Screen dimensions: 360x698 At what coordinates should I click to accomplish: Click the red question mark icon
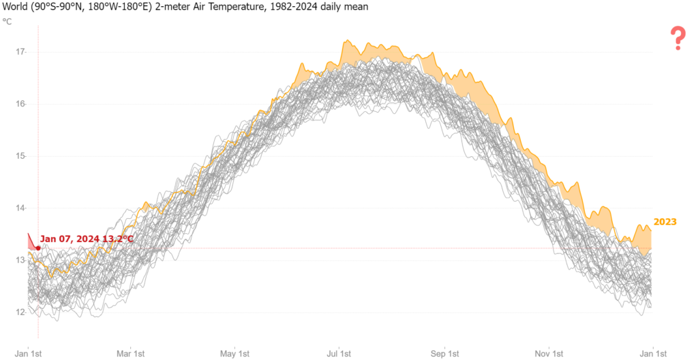tap(678, 39)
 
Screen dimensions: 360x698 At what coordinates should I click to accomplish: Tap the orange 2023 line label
tap(665, 222)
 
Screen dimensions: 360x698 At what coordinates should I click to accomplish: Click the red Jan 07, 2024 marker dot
tap(38, 247)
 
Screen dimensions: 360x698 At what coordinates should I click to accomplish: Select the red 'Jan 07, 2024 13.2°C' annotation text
tap(87, 239)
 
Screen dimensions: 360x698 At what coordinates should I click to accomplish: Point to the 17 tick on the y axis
tap(20, 52)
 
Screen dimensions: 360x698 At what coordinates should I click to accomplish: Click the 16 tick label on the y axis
tap(20, 104)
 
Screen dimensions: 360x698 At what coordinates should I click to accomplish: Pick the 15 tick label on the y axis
tap(20, 156)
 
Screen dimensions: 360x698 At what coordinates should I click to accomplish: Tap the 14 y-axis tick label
tap(20, 208)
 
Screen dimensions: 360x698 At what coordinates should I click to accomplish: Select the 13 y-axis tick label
tap(20, 260)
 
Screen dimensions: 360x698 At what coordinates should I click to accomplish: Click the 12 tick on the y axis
tap(20, 312)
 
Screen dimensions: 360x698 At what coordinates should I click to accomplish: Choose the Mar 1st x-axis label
tap(130, 354)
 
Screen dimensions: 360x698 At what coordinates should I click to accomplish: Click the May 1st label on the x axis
tap(234, 354)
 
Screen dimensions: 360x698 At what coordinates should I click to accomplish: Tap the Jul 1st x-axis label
tap(339, 354)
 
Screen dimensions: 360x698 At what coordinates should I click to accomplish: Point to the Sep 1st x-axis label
tap(444, 354)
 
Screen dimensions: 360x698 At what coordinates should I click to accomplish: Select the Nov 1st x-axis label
tap(549, 354)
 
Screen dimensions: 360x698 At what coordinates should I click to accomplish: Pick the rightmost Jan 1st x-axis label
tap(654, 354)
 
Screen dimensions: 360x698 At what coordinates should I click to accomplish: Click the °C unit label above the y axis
tap(7, 21)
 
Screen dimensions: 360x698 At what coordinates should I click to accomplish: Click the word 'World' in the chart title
tap(14, 7)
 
